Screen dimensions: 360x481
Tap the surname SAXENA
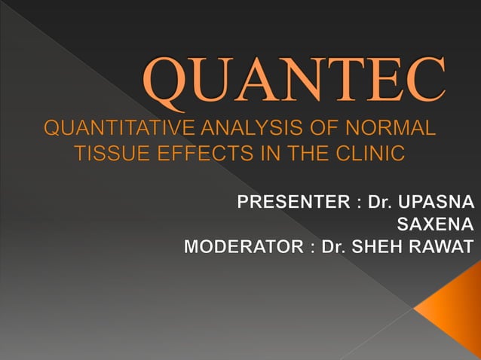coord(435,224)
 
